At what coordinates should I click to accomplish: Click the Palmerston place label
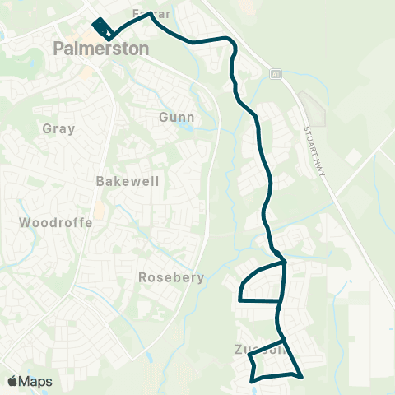pos(101,49)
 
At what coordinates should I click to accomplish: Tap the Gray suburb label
pos(58,128)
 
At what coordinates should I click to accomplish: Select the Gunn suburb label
pos(176,118)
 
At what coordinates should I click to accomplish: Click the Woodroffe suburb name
pos(48,222)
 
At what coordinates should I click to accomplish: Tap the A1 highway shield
pos(276,74)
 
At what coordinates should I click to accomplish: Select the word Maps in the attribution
pos(36,382)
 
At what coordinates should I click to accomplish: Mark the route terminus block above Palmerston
pos(100,26)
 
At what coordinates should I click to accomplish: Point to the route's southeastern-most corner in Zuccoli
pos(302,376)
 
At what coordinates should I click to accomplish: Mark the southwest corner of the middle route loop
pos(240,300)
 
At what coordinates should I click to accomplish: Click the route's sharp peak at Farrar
pos(151,13)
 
